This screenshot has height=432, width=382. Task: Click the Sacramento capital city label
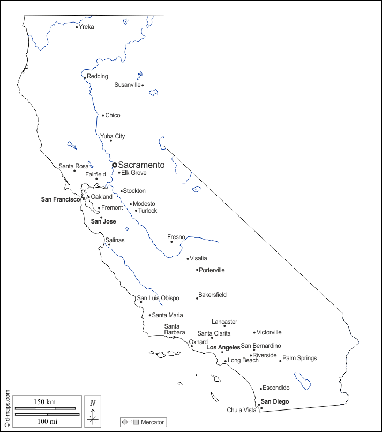[141, 165]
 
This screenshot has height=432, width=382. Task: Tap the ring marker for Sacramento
[114, 165]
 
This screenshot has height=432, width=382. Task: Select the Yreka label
[86, 27]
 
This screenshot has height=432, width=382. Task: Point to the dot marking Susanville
[143, 85]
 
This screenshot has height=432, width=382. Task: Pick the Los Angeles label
[223, 348]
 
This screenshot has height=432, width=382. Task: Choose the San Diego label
[275, 401]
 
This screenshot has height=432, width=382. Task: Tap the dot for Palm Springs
[280, 361]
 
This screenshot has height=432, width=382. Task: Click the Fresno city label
[176, 237]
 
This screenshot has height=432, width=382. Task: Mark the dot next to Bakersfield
[197, 298]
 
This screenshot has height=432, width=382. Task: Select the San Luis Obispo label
[158, 298]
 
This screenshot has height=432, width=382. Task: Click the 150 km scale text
[45, 402]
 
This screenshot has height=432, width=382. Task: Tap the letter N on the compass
[93, 403]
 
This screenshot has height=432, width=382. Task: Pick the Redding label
[98, 76]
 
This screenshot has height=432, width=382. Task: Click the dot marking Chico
[103, 115]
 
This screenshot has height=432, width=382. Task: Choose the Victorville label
[269, 332]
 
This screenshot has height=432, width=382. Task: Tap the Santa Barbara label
[175, 329]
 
